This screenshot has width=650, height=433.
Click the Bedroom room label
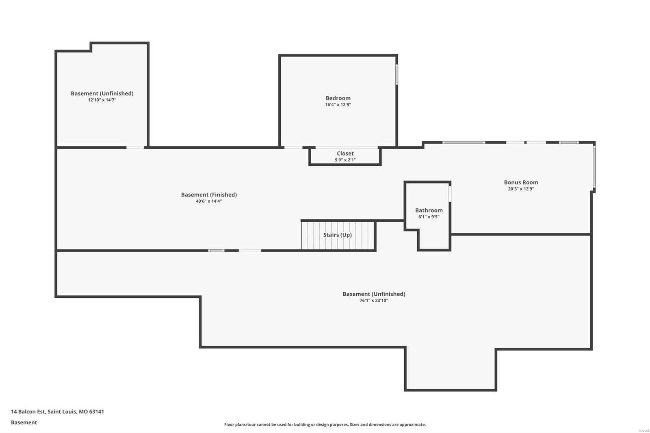click(x=338, y=98)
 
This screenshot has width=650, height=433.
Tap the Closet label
click(x=345, y=153)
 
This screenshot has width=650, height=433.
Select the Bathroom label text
click(x=429, y=210)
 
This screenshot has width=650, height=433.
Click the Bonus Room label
click(x=521, y=182)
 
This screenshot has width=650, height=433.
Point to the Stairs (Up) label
click(x=337, y=235)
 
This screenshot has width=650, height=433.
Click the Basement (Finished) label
click(x=209, y=195)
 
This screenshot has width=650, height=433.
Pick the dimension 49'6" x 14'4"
click(x=209, y=201)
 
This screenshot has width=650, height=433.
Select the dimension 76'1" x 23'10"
click(x=374, y=301)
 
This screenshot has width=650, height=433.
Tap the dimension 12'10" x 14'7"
click(x=102, y=100)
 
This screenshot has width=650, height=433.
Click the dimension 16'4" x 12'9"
click(x=338, y=105)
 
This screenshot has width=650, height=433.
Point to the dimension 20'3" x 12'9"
click(x=521, y=189)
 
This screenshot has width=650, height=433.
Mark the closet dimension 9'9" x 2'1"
click(x=345, y=160)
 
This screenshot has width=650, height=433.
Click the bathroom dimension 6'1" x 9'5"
click(x=429, y=217)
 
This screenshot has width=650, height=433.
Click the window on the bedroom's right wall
click(x=396, y=74)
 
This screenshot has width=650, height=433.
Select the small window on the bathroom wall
click(x=450, y=193)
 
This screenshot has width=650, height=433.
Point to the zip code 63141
click(x=97, y=411)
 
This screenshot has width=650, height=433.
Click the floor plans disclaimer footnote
click(x=325, y=424)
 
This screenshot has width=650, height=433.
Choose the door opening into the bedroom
click(x=293, y=147)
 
